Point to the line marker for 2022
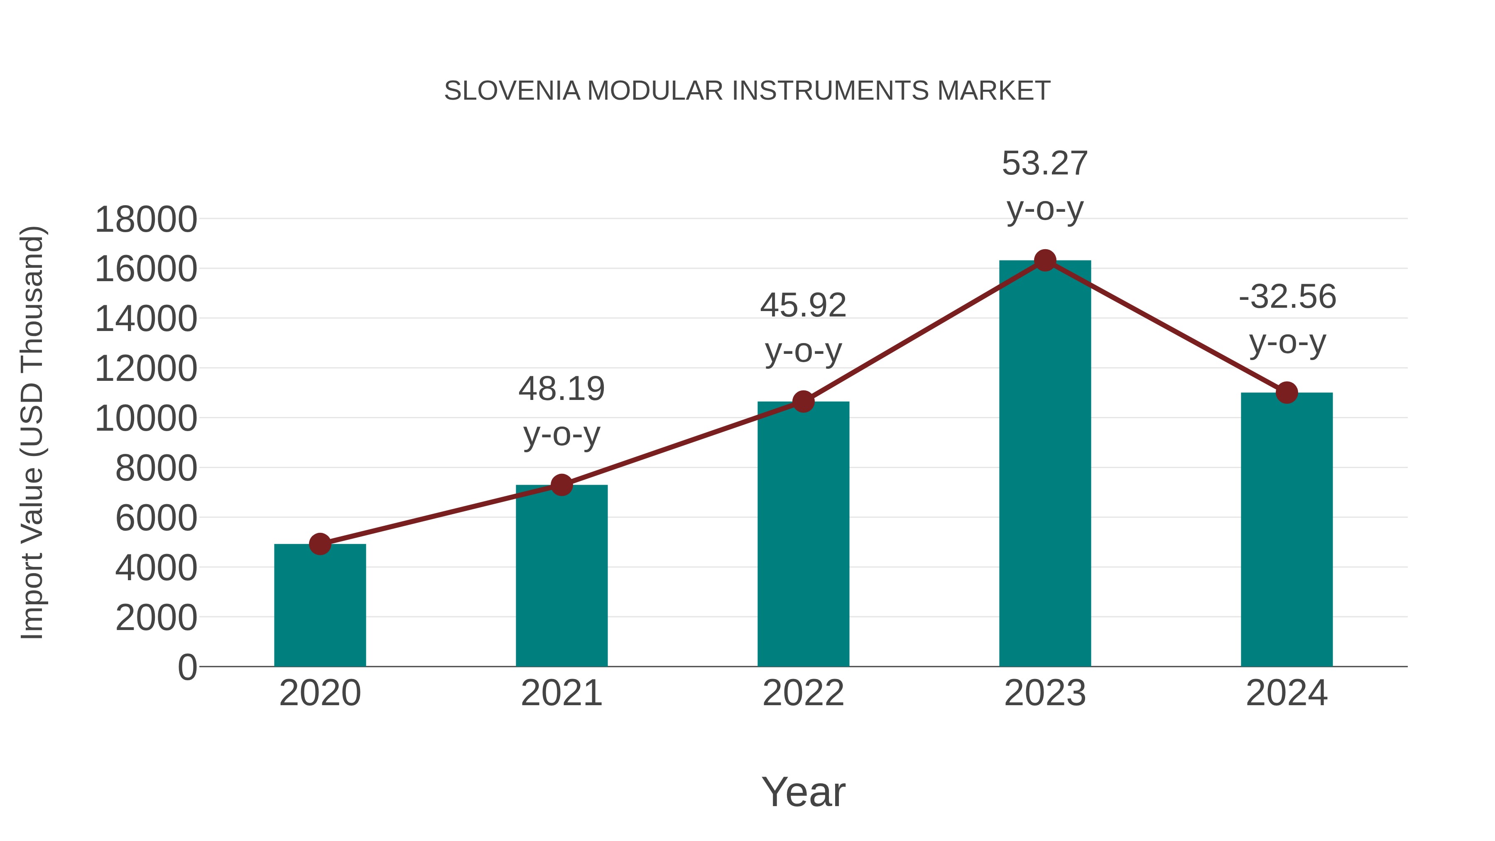(803, 401)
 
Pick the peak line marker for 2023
(1045, 260)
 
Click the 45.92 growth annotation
(803, 305)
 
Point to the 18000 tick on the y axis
(146, 220)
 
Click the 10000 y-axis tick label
(146, 419)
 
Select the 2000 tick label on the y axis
(156, 618)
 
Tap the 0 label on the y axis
(187, 667)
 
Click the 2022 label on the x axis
(803, 693)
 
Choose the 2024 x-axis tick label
(1286, 693)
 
